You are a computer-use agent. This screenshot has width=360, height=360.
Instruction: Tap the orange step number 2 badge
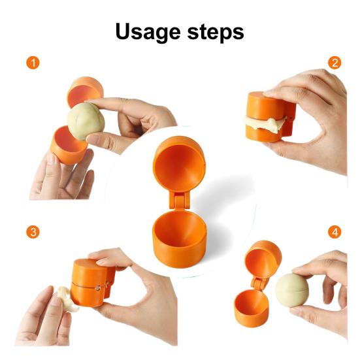(x=335, y=63)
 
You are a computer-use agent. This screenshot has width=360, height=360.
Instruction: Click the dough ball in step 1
(x=86, y=122)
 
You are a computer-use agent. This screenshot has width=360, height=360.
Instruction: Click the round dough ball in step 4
(x=291, y=289)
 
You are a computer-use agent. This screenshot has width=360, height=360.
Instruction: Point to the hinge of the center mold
(x=176, y=199)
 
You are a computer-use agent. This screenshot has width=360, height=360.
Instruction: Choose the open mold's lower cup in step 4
(x=252, y=308)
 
